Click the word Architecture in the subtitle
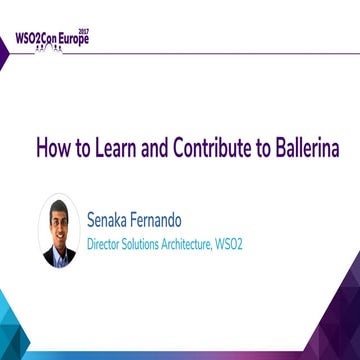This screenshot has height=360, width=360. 228,241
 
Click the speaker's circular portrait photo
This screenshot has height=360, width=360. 60,231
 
